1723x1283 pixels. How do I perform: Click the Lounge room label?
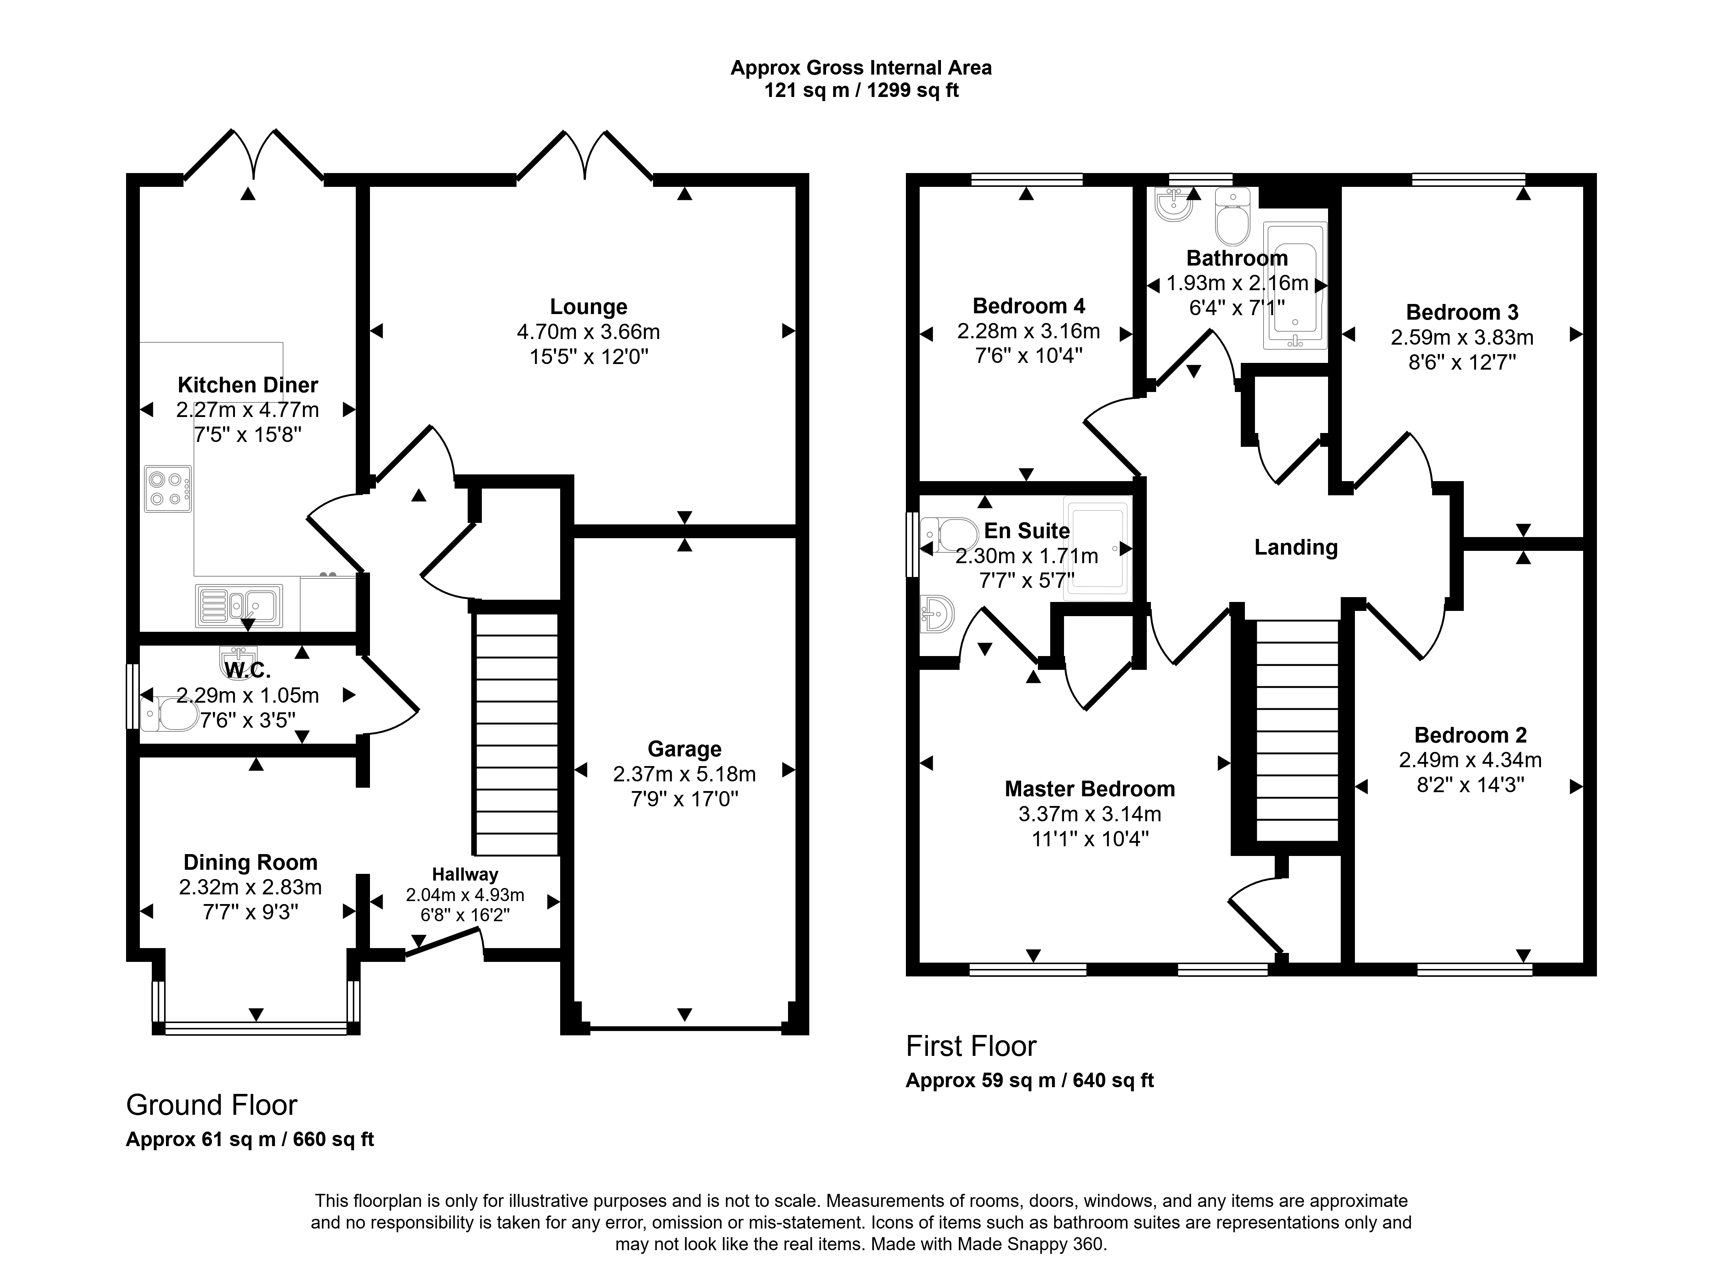589,307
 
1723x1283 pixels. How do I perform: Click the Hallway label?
465,875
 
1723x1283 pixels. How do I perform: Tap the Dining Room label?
250,862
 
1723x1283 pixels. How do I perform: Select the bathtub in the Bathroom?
1295,286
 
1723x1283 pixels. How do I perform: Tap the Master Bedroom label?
1089,789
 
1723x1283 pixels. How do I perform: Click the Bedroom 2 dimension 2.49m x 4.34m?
1470,760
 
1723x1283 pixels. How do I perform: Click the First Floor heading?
971,1046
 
